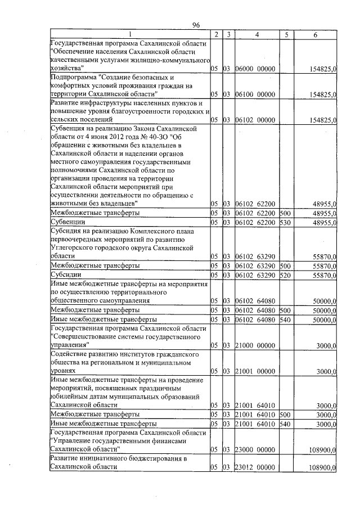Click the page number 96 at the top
click(196, 25)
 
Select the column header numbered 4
click(256, 35)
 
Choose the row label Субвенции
click(66, 223)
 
